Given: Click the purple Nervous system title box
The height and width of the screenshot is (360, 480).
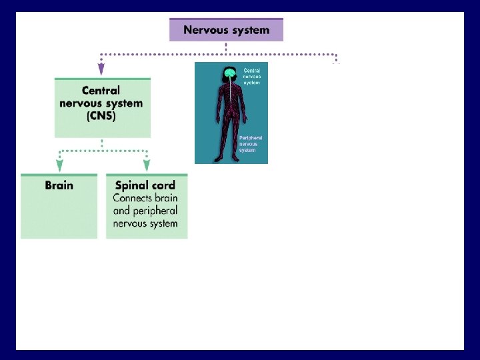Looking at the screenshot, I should pyautogui.click(x=226, y=30).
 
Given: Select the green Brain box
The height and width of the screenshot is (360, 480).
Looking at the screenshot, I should pyautogui.click(x=59, y=206).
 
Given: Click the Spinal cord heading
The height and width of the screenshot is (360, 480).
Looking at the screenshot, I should pyautogui.click(x=145, y=185).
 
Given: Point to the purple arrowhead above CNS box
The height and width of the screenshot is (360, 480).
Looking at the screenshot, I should pyautogui.click(x=101, y=68).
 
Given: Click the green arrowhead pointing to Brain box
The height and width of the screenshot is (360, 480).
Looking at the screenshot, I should pyautogui.click(x=59, y=165).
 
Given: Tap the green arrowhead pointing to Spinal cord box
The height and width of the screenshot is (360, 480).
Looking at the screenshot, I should pyautogui.click(x=147, y=165).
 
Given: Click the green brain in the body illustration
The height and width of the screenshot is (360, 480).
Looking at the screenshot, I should pyautogui.click(x=230, y=72).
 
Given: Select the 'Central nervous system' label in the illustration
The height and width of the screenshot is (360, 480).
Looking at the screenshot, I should pyautogui.click(x=251, y=76).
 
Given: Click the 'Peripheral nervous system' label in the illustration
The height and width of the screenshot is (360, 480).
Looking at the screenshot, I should pyautogui.click(x=250, y=144).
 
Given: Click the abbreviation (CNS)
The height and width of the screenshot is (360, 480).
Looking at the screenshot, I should pyautogui.click(x=101, y=116).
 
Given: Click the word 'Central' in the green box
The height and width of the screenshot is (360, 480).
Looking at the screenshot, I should pyautogui.click(x=101, y=91).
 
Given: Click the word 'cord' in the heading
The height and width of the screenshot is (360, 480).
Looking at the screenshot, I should pyautogui.click(x=163, y=185).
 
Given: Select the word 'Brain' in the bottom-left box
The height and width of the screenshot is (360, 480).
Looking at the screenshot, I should pyautogui.click(x=59, y=185).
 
